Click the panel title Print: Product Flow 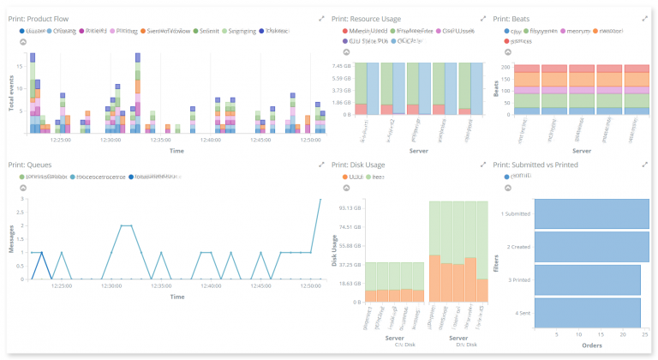tap(38, 18)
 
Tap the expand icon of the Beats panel tap(644, 18)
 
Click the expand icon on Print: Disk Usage tap(482, 165)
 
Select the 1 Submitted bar tap(591, 214)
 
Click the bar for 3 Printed tap(588, 279)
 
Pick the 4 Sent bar tap(588, 313)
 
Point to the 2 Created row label tap(517, 247)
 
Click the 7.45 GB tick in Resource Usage tap(341, 66)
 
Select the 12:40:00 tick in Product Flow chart tap(210, 140)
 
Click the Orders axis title tap(591, 346)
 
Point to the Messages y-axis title tap(11, 238)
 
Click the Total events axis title tap(11, 94)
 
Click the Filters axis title tap(499, 263)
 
